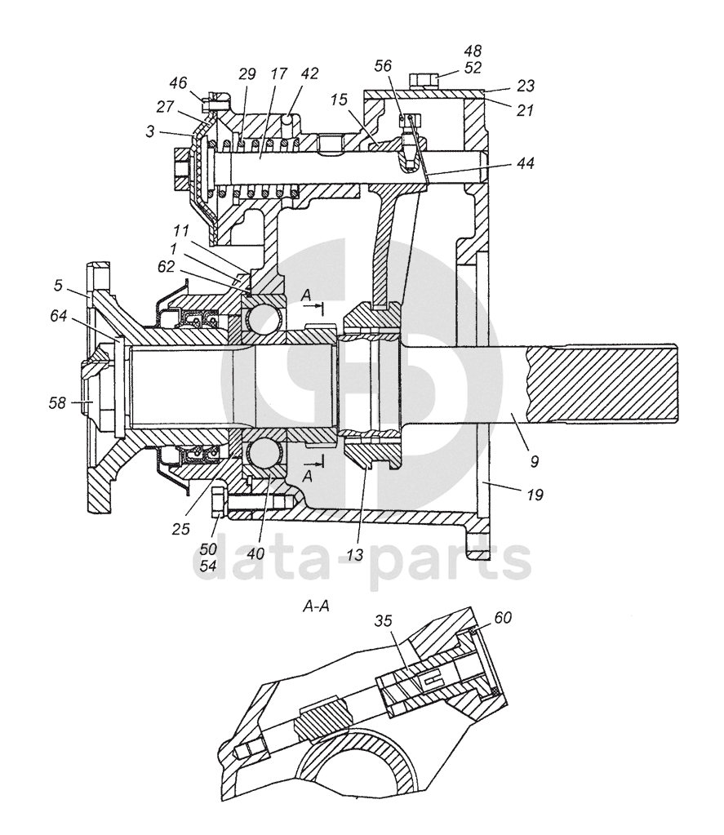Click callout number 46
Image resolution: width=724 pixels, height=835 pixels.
click(x=178, y=83)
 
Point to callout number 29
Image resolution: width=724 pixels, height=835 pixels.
click(x=247, y=74)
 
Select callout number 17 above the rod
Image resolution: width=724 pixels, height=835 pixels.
click(x=278, y=73)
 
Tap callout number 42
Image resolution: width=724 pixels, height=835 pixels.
click(x=309, y=73)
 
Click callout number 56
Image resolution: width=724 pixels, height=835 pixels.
click(x=383, y=65)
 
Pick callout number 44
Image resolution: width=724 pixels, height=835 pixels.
click(x=524, y=162)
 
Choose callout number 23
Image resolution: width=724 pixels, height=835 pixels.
click(x=525, y=86)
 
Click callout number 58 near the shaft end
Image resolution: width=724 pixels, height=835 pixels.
click(x=57, y=403)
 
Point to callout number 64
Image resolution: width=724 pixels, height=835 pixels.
click(x=59, y=316)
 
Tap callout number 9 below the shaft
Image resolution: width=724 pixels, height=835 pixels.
click(x=534, y=461)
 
